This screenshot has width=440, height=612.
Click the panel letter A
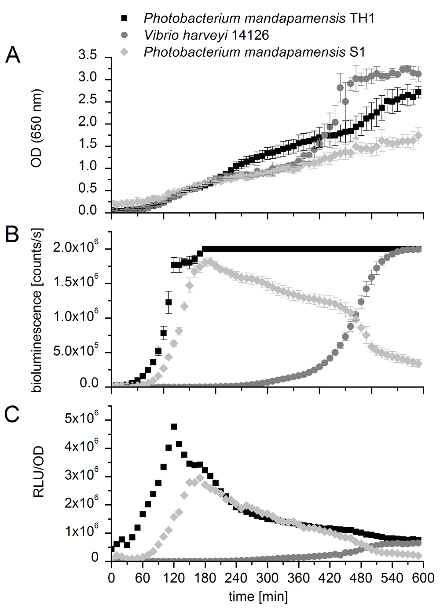tap(12, 56)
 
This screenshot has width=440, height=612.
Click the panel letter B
tap(12, 236)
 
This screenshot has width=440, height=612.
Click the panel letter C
tap(12, 415)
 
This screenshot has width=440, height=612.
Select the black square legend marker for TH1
tap(125, 18)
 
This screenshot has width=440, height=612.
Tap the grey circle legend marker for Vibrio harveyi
tap(125, 35)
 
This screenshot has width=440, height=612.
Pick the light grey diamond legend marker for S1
tap(125, 52)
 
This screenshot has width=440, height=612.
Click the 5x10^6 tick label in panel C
tap(84, 419)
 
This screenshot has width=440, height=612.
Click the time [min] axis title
tap(258, 597)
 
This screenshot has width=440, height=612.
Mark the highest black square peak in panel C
tap(174, 426)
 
